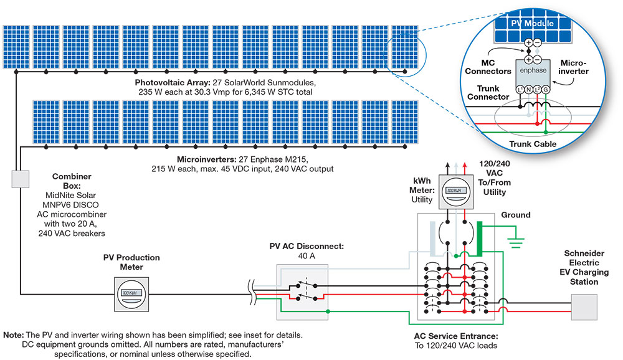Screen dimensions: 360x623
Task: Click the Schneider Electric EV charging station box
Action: click(x=584, y=306)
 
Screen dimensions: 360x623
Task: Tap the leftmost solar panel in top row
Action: click(x=15, y=48)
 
